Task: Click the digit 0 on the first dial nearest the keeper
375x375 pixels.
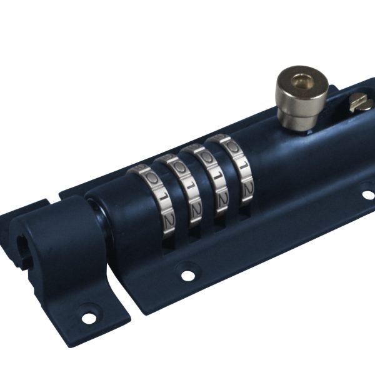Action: click(151, 178)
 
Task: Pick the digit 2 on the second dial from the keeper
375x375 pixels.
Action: click(194, 207)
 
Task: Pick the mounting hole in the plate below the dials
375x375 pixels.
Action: click(186, 273)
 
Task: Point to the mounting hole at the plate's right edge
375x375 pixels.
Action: click(368, 194)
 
